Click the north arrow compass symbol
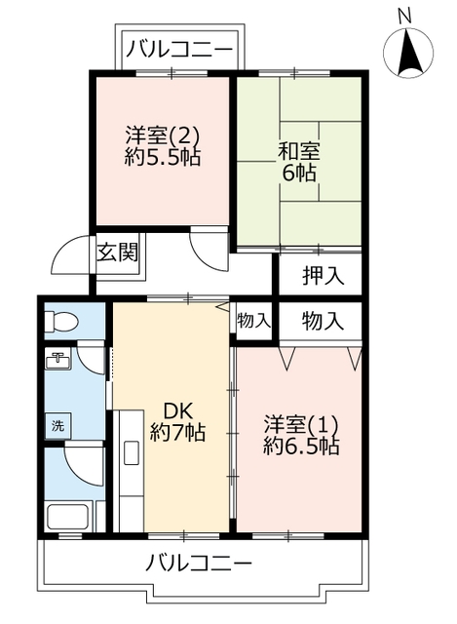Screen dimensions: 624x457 [408, 53]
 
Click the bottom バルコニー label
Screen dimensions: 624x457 [201, 563]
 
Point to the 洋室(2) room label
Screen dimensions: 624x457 [162, 134]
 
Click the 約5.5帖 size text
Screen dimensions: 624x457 [162, 156]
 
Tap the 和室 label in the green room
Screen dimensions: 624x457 [299, 152]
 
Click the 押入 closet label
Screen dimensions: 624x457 [322, 275]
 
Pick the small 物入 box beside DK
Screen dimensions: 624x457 [253, 321]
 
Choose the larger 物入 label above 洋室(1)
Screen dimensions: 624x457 [322, 319]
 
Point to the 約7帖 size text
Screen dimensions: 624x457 [177, 433]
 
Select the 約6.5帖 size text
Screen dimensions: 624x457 [301, 448]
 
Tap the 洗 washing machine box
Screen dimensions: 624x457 [57, 425]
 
